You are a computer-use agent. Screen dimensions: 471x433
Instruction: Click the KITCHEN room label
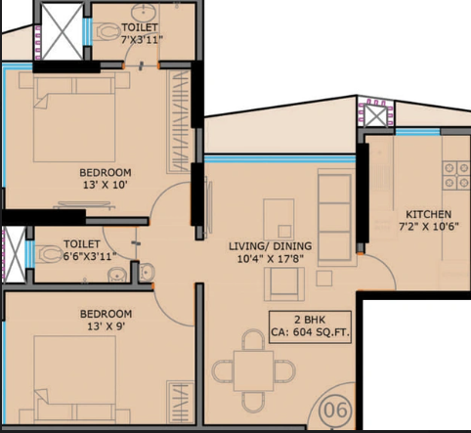tap(428, 214)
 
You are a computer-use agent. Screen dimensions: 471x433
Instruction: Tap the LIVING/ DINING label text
tap(270, 246)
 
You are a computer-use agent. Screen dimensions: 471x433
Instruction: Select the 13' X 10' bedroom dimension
tap(105, 185)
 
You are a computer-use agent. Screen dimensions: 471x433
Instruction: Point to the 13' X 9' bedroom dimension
tap(106, 326)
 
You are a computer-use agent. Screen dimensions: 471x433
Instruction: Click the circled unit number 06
tap(336, 410)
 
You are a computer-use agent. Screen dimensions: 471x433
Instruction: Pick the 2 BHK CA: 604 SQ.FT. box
tap(310, 326)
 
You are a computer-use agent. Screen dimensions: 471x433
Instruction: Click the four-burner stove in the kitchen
tap(456, 175)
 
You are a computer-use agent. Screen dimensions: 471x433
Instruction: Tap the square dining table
tap(253, 370)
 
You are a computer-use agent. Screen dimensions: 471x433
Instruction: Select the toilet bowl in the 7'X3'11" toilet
tap(108, 32)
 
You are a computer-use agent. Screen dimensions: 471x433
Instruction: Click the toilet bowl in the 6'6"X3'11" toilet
tap(49, 254)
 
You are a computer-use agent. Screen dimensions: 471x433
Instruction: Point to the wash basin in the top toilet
tap(142, 13)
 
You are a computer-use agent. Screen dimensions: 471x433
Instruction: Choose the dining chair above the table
tap(253, 340)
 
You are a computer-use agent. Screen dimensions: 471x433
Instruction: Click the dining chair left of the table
tap(223, 371)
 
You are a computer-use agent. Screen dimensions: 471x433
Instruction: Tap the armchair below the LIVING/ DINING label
tap(284, 284)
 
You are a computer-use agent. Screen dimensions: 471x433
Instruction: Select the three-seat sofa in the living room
tap(335, 217)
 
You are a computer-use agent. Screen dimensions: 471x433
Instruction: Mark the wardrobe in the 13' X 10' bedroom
tap(178, 121)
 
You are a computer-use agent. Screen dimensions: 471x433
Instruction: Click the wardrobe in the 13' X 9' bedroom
tap(180, 402)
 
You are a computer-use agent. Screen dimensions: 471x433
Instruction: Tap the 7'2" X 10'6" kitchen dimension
tap(429, 226)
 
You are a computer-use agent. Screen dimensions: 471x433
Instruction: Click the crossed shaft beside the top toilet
tap(63, 31)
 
